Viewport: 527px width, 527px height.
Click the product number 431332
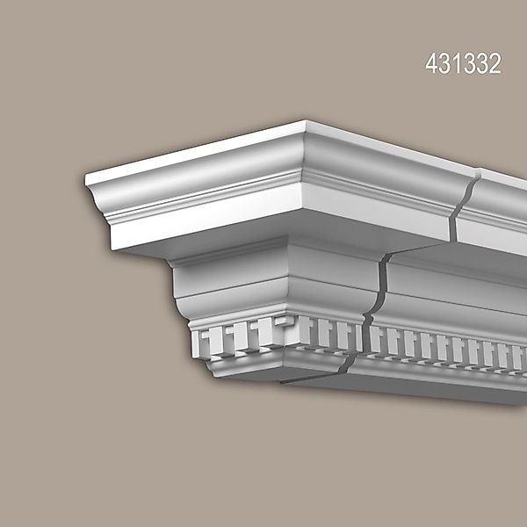[463, 65]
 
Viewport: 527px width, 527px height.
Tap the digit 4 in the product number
[431, 65]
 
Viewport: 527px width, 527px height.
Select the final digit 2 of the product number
[495, 65]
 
